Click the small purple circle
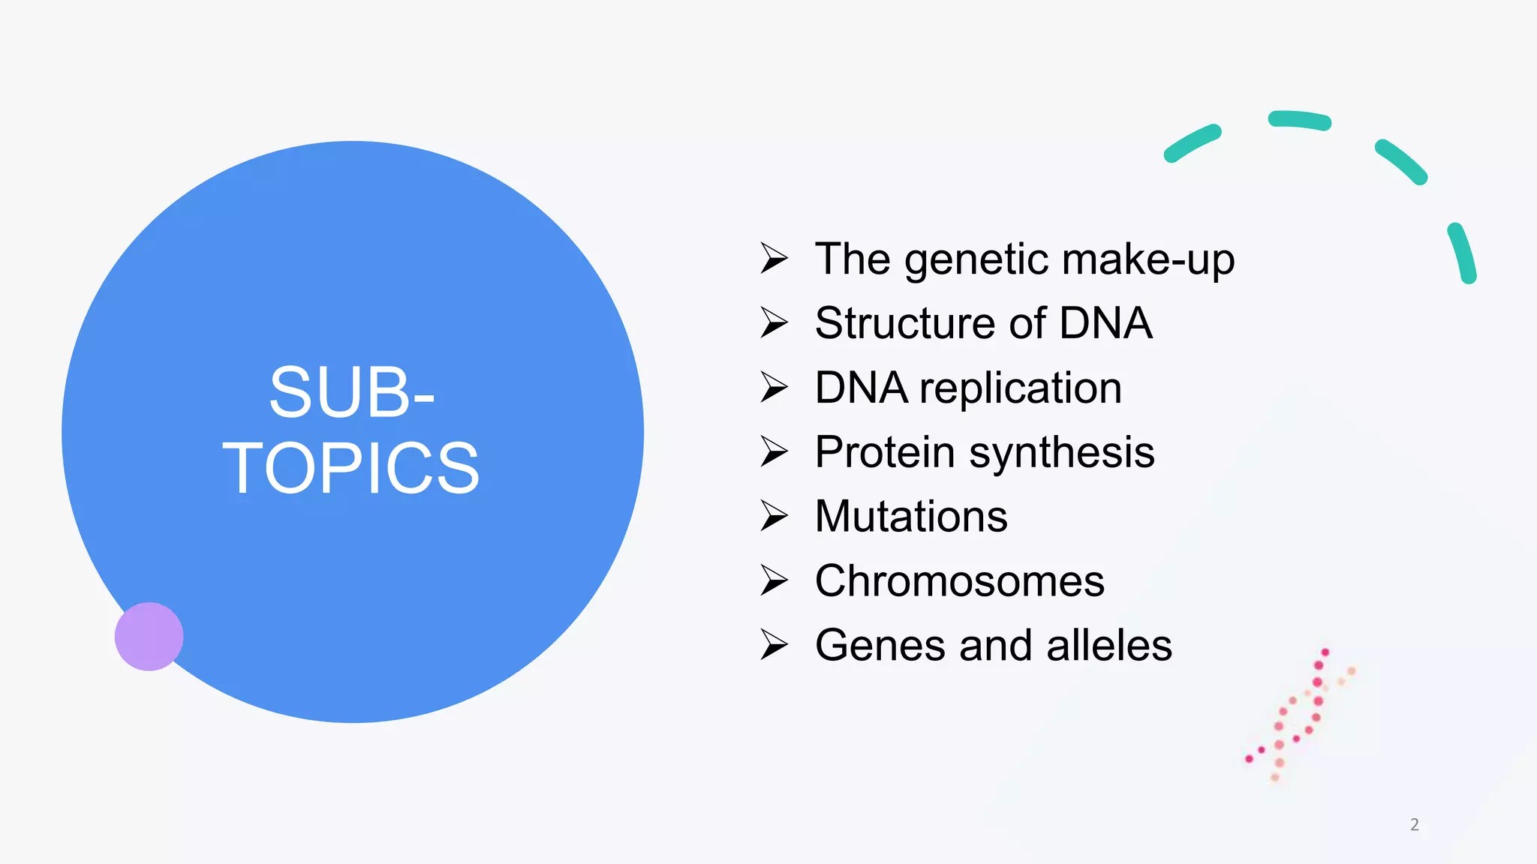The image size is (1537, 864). [x=149, y=636]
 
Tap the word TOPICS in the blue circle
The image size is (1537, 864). [x=351, y=469]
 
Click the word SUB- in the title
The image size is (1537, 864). [x=351, y=392]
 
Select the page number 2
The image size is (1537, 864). [x=1414, y=824]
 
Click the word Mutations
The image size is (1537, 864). [x=910, y=517]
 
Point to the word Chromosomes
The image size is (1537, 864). [x=959, y=581]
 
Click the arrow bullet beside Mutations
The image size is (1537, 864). [x=774, y=516]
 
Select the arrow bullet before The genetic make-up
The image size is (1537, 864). [x=774, y=258]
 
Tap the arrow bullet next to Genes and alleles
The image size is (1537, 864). [x=774, y=645]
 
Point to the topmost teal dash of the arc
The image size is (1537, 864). [x=1299, y=120]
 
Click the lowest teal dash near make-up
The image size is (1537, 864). [x=1462, y=253]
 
